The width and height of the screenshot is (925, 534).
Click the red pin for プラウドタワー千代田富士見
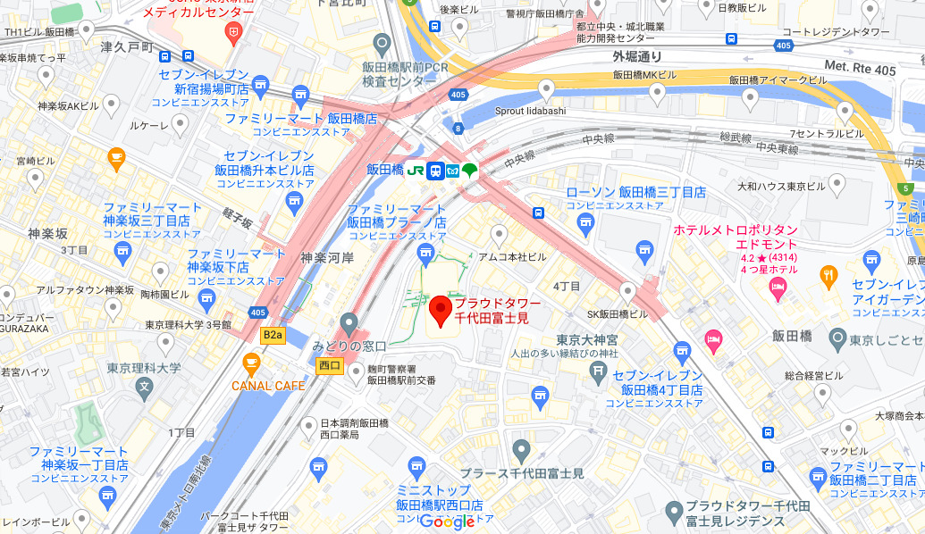(440, 311)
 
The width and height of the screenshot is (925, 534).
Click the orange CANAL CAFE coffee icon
(251, 363)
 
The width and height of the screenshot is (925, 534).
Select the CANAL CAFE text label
(268, 386)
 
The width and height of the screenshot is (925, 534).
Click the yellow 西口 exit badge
(330, 364)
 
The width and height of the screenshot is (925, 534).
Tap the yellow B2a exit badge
(272, 335)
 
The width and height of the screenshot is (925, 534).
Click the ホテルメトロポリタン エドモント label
(735, 237)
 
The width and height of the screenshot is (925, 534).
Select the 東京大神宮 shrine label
(587, 339)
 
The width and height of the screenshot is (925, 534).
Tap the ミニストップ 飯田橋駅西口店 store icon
(415, 466)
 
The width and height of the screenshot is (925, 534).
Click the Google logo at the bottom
(447, 521)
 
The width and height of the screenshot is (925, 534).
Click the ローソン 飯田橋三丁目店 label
(636, 193)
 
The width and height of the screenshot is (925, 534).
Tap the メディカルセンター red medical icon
(233, 34)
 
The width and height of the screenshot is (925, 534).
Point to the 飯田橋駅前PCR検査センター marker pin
(383, 43)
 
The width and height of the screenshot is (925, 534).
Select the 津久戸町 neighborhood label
(129, 46)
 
